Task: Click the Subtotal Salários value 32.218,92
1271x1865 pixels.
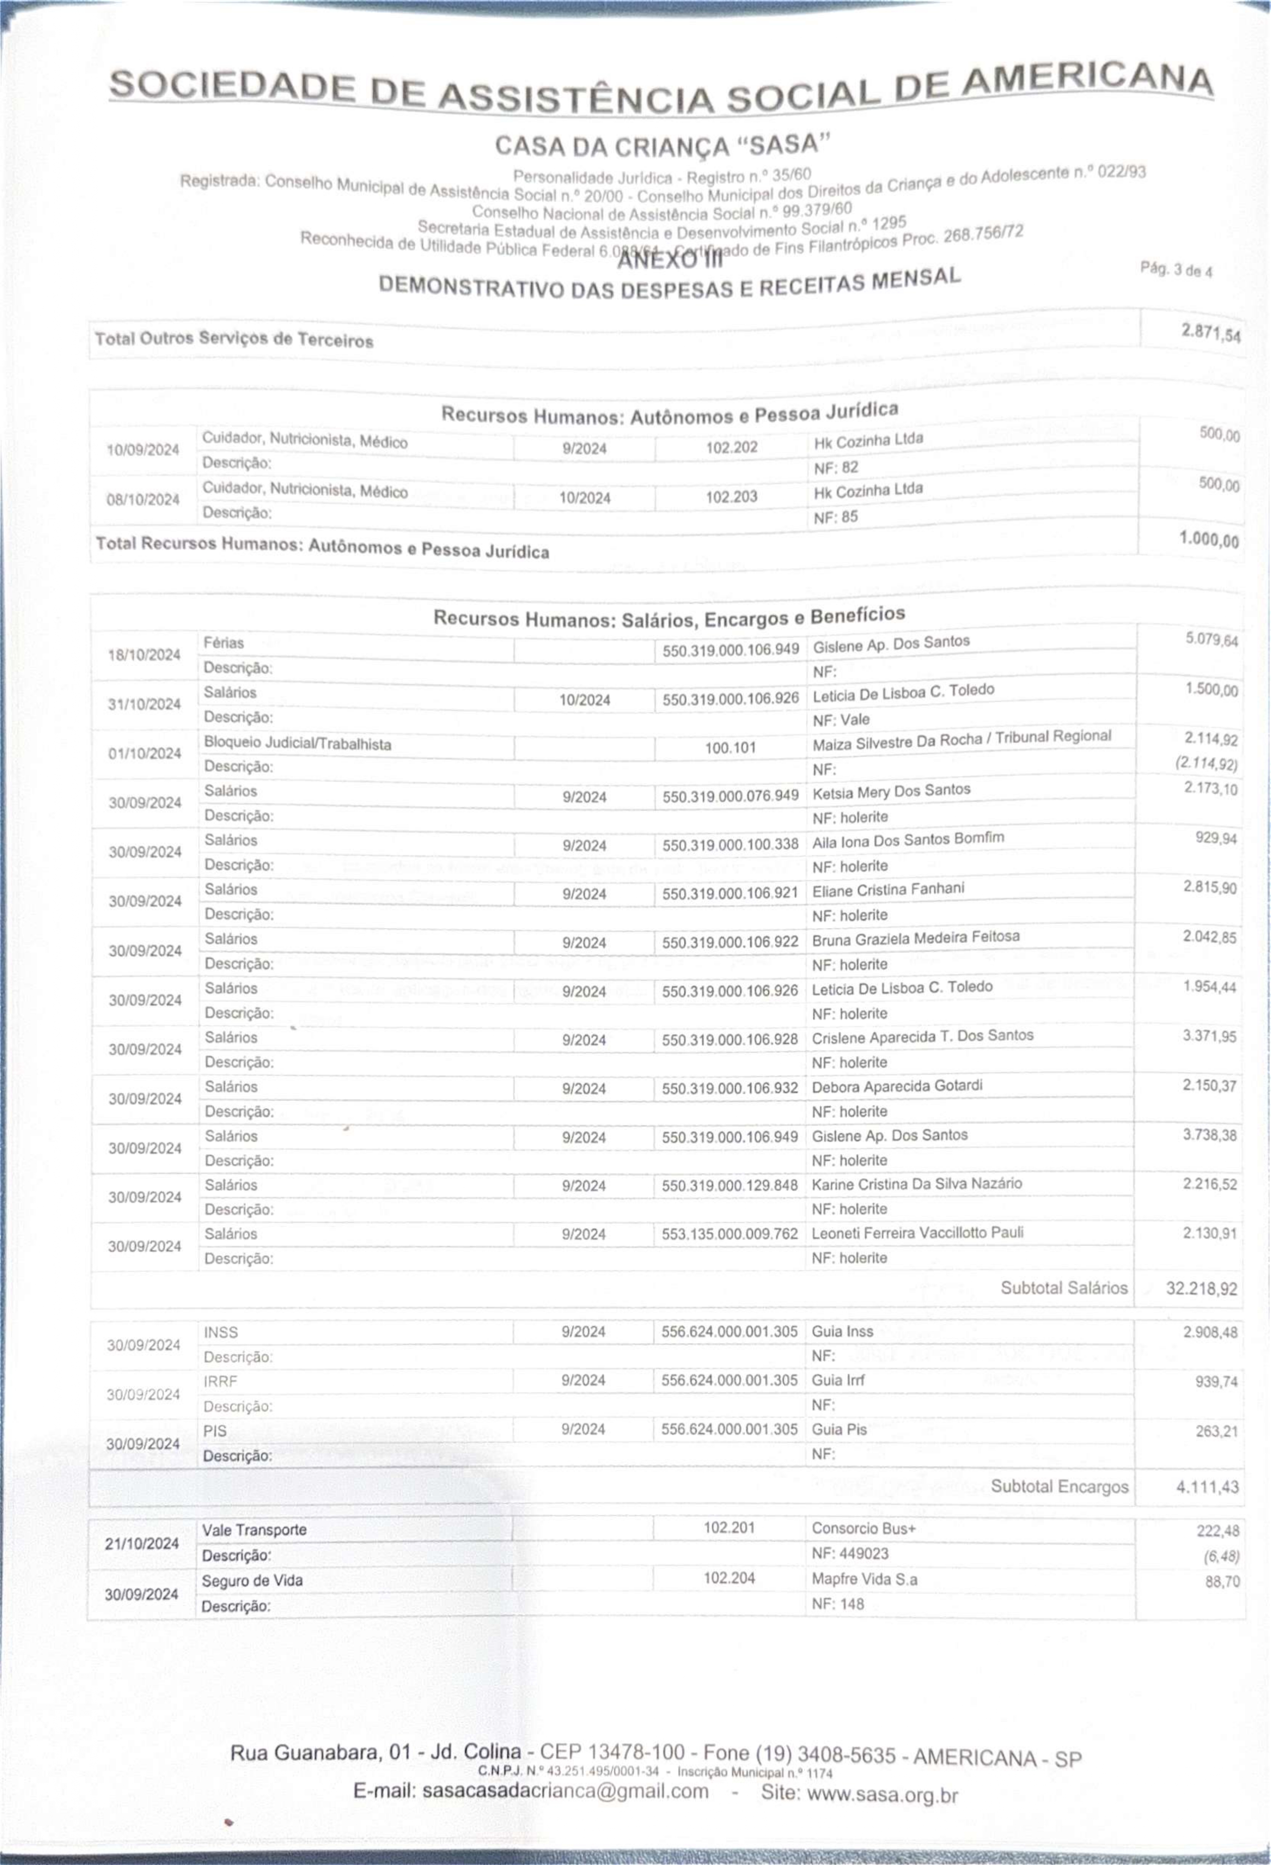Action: click(x=1201, y=1289)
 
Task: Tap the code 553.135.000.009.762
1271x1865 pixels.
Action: click(x=729, y=1234)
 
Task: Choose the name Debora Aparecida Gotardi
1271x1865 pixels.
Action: click(x=897, y=1087)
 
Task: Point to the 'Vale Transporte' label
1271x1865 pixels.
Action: click(x=254, y=1530)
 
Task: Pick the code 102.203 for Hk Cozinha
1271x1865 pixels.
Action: click(x=731, y=497)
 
